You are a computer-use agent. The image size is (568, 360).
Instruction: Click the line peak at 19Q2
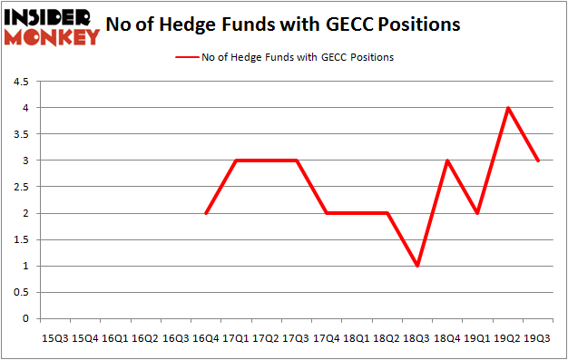(x=507, y=108)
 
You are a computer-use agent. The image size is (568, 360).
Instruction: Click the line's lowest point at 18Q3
(x=416, y=267)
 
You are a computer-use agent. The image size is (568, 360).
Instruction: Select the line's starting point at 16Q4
(x=206, y=213)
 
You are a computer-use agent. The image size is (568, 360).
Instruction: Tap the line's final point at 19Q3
(x=537, y=161)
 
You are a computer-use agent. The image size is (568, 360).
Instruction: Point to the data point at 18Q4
(x=446, y=161)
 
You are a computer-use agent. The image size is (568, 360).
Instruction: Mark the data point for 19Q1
(x=477, y=213)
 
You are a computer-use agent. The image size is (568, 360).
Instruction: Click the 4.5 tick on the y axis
(x=20, y=82)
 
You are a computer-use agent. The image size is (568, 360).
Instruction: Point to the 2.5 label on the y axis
(x=20, y=188)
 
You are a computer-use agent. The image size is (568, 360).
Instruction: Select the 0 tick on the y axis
(x=25, y=319)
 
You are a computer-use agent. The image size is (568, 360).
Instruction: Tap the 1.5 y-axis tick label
(x=20, y=240)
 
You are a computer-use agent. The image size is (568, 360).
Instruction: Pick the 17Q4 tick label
(x=327, y=337)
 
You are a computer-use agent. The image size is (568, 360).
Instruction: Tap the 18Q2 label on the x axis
(x=387, y=337)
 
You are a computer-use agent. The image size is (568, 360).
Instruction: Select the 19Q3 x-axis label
(x=537, y=337)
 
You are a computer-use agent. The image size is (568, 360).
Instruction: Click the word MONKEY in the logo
(x=52, y=37)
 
